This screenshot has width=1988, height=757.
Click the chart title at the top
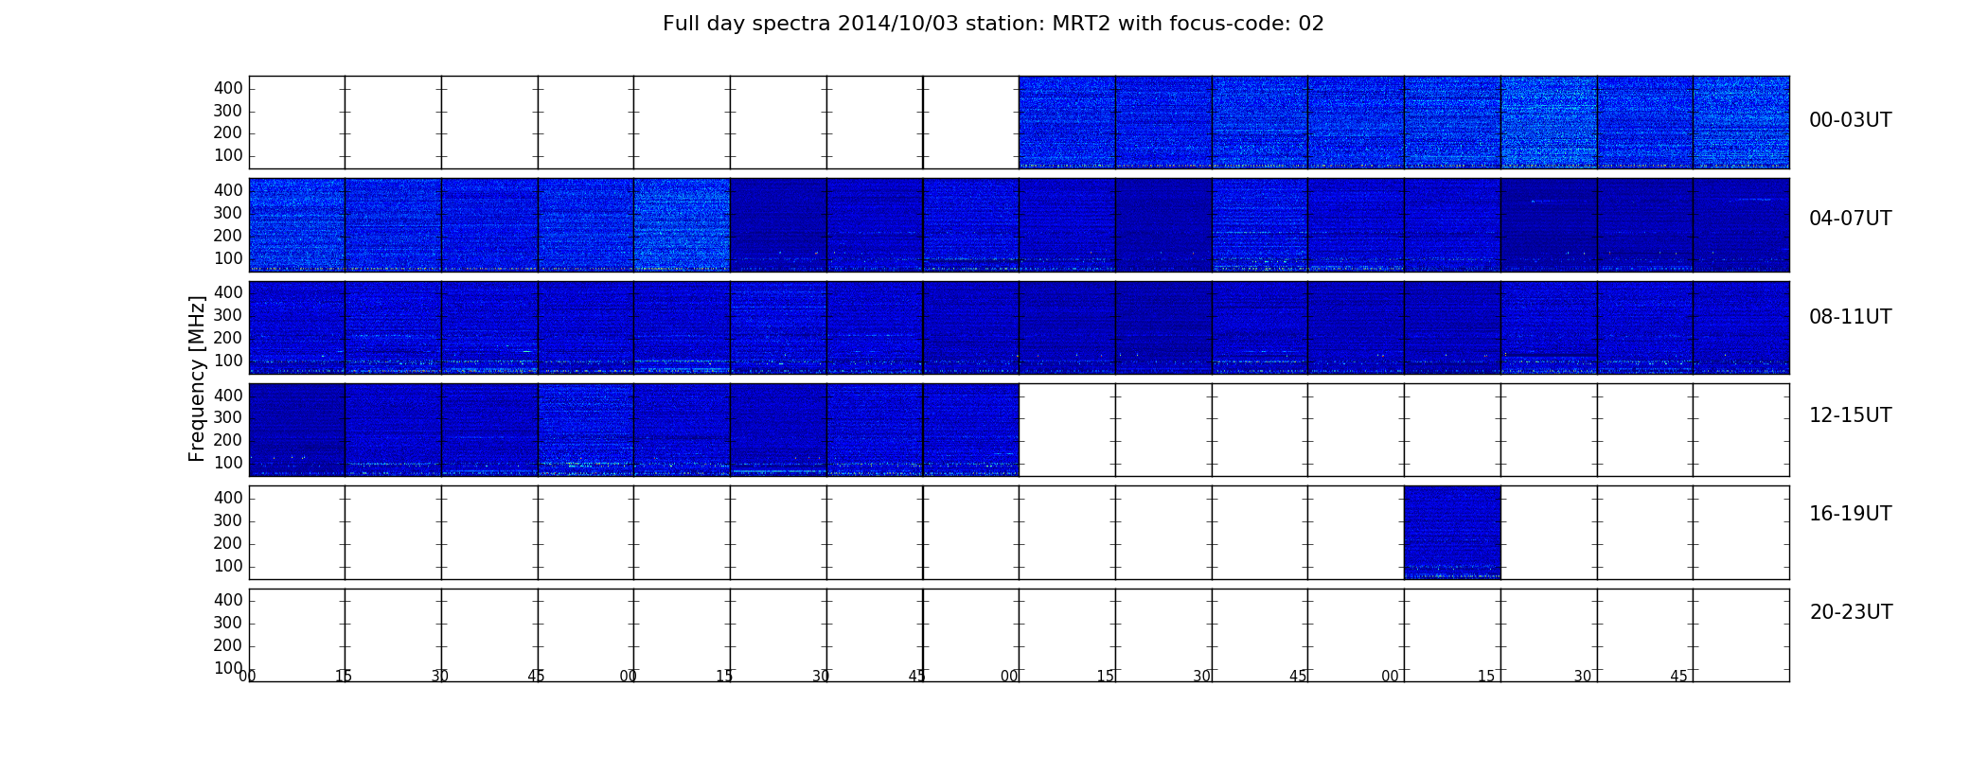(993, 24)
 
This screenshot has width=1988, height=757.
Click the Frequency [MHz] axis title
(197, 378)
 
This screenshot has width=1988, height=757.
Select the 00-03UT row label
(1850, 120)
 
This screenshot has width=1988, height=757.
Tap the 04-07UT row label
(1850, 219)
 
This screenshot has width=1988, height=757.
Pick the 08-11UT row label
(1850, 317)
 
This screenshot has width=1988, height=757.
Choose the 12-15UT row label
(1850, 415)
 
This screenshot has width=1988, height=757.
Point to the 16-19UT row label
(1850, 514)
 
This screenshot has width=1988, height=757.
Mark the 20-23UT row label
(1851, 612)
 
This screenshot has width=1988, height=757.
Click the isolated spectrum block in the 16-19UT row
(1452, 532)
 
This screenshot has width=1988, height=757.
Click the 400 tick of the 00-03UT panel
(228, 88)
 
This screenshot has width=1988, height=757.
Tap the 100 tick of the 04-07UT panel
(228, 258)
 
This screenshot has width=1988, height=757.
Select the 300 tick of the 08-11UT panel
(228, 315)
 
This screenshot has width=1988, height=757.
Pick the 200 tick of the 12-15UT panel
(228, 440)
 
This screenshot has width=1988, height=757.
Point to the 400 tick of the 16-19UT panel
(228, 498)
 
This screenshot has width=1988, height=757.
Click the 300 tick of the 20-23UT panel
(228, 623)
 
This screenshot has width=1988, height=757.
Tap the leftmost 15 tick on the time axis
(344, 677)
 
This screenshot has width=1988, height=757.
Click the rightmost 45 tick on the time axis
(1678, 677)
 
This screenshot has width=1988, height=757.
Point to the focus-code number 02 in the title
(1311, 24)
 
